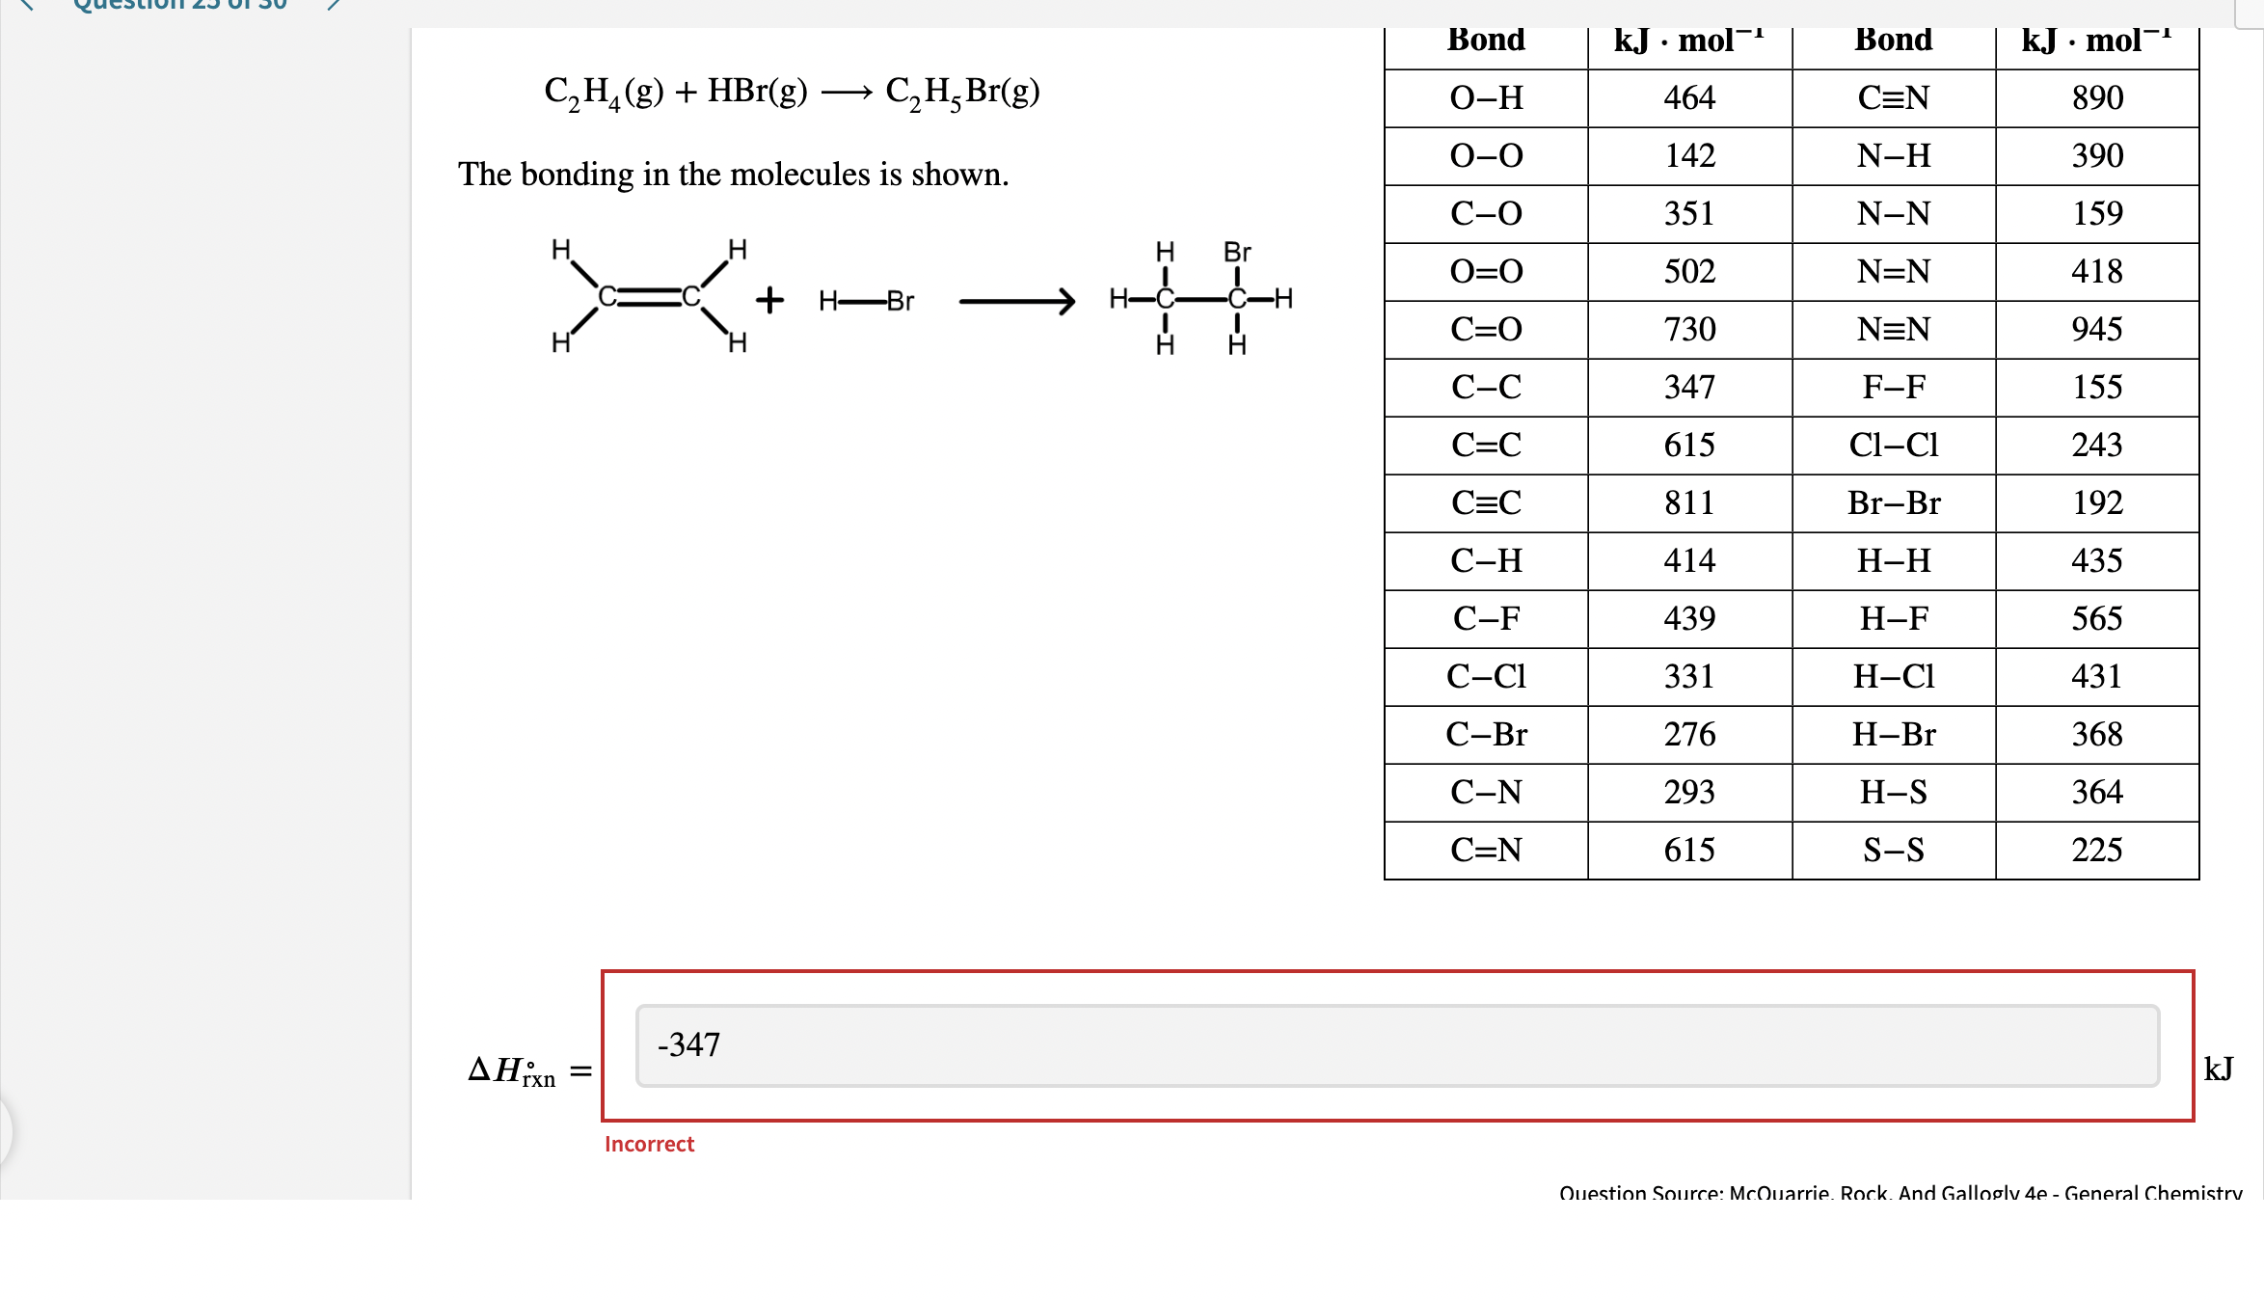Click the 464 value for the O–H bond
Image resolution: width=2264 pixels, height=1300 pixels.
(1689, 98)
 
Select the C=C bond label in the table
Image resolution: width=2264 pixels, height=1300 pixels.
(1486, 446)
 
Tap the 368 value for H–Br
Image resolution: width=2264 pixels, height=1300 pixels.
(2097, 735)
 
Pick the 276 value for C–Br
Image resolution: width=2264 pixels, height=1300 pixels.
(1689, 735)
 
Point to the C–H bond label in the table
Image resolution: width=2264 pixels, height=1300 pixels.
(1486, 561)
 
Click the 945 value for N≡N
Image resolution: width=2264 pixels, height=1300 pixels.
(2097, 330)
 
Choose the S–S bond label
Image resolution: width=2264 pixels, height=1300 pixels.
(1893, 851)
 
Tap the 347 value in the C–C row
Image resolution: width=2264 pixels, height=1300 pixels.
(1689, 388)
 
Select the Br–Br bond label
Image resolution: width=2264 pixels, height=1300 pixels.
(1893, 503)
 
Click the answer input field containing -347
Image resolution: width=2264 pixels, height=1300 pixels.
(1396, 1045)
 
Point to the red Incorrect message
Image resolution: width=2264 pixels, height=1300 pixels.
(649, 1145)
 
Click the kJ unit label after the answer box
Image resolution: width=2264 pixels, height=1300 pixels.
(2218, 1069)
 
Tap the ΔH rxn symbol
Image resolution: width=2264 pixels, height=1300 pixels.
(511, 1070)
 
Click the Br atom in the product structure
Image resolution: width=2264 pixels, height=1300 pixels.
(1237, 253)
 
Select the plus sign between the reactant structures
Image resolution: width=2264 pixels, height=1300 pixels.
(769, 300)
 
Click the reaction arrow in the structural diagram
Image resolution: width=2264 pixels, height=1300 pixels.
(1016, 301)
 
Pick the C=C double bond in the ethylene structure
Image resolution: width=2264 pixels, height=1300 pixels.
(649, 297)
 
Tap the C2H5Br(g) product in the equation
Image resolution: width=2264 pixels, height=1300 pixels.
(962, 93)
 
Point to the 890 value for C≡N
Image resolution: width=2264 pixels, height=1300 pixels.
(2097, 98)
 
